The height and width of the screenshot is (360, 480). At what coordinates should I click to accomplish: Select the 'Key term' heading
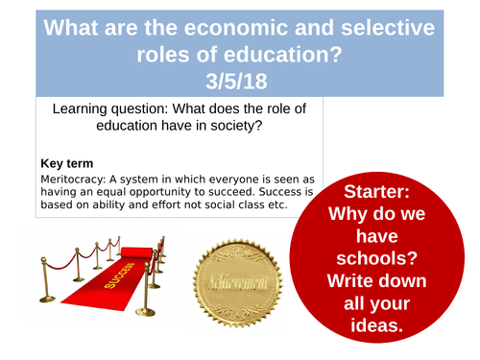pyautogui.click(x=67, y=162)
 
